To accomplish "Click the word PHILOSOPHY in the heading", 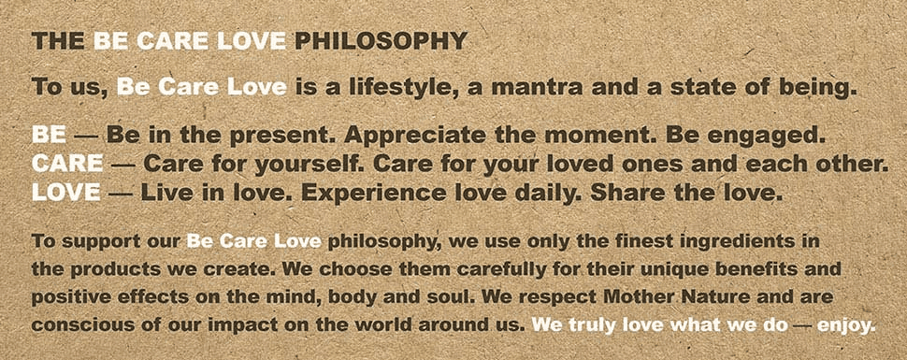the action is (x=381, y=41).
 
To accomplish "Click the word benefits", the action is (x=754, y=269).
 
